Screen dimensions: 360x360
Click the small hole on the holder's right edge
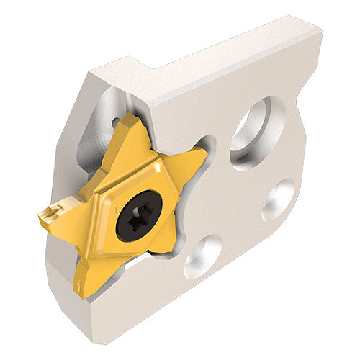click(279, 199)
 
